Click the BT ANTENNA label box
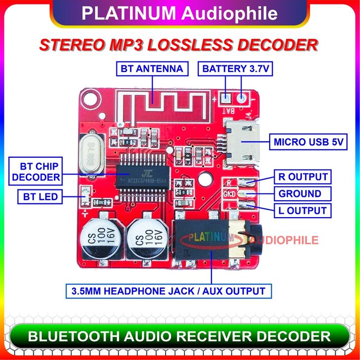pyautogui.click(x=152, y=68)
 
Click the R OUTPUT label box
pyautogui.click(x=301, y=177)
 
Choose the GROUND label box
pyautogui.click(x=300, y=193)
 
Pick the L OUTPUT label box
pyautogui.click(x=301, y=210)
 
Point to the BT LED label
pyautogui.click(x=40, y=197)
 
